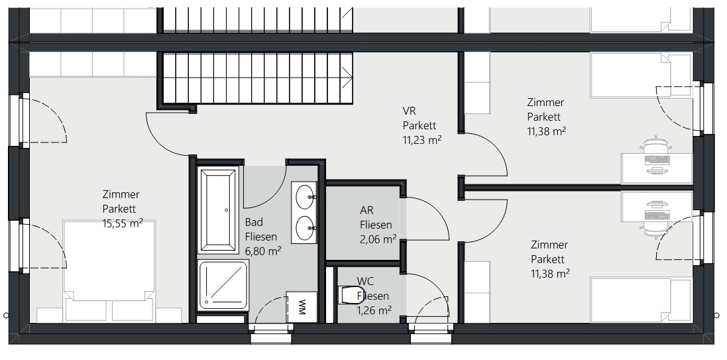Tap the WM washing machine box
[x=302, y=307]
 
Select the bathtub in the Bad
[x=217, y=210]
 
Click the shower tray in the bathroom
[x=223, y=285]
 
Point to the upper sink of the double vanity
[x=305, y=196]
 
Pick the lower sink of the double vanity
[x=305, y=228]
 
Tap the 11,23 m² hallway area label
[x=422, y=140]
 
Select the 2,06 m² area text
[x=378, y=239]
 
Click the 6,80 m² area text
[x=263, y=251]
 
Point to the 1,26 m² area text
[x=374, y=310]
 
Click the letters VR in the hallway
[x=408, y=111]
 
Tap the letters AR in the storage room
[x=366, y=210]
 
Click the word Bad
[x=254, y=221]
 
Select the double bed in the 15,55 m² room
[x=109, y=271]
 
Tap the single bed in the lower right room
[x=642, y=300]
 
